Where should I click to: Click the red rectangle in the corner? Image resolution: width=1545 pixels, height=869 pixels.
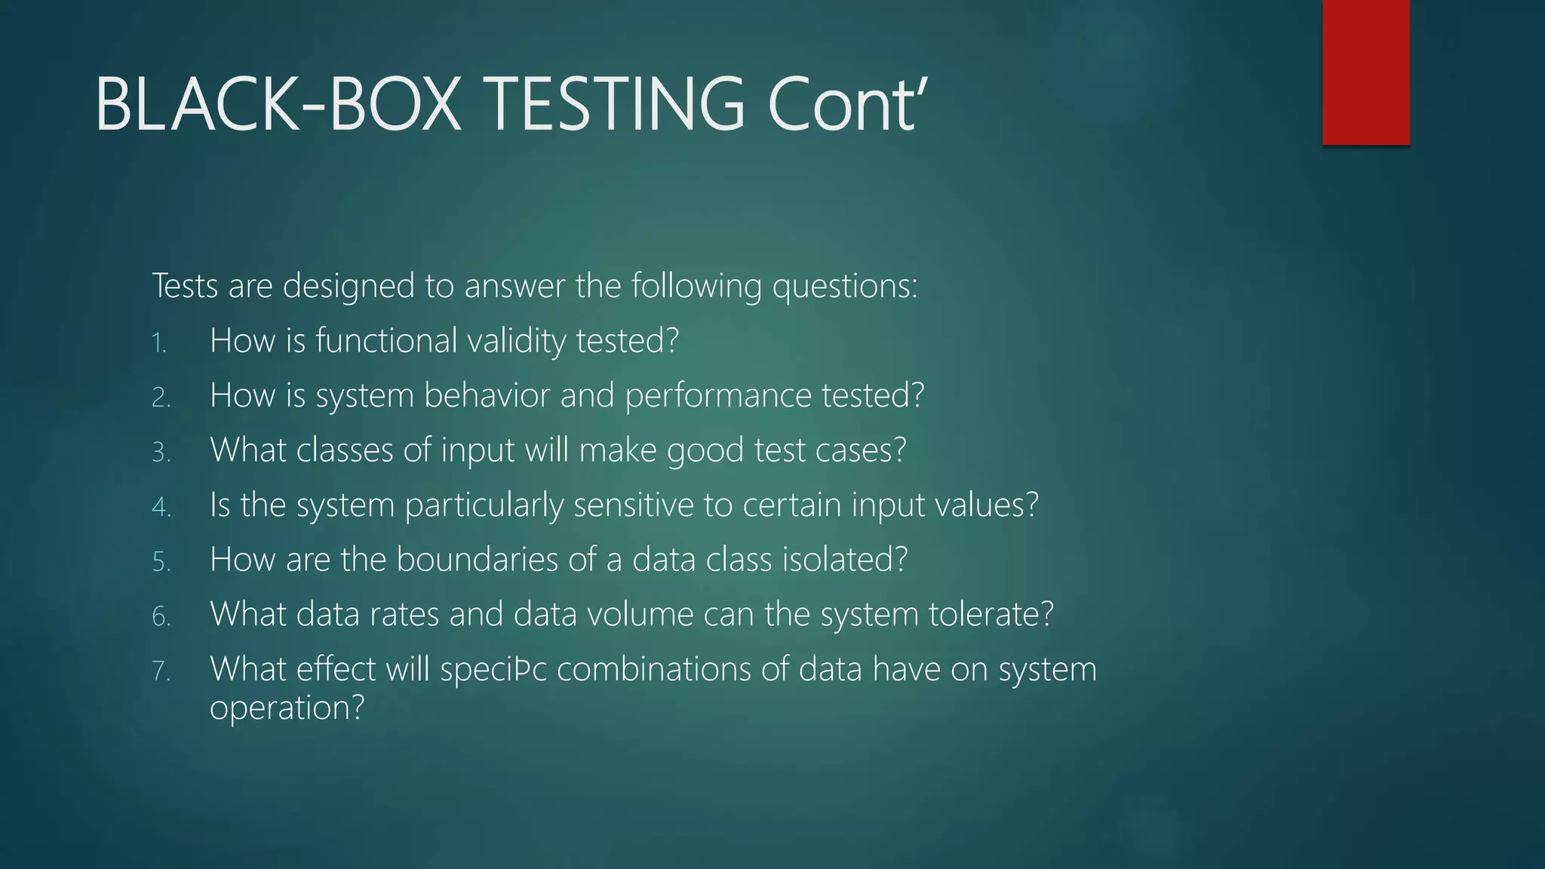[x=1365, y=72]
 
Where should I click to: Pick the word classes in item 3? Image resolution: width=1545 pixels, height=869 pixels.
[x=345, y=450]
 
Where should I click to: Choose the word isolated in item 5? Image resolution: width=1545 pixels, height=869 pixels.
[x=844, y=560]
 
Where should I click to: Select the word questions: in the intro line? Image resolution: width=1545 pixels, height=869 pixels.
[x=844, y=287]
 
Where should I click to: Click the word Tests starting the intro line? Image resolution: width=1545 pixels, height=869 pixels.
[x=185, y=287]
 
